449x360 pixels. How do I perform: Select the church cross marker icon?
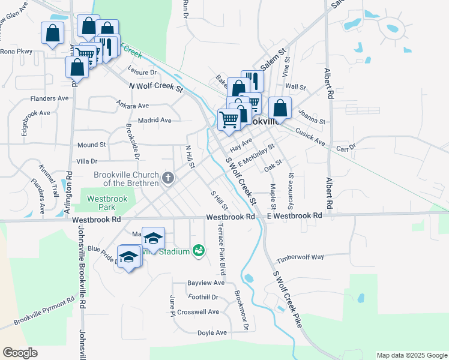pos(168,178)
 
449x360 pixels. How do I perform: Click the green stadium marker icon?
pos(199,250)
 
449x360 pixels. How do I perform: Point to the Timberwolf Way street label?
pos(300,258)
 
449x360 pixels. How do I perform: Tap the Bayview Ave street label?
pos(206,283)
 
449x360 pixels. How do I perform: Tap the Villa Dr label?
pos(87,161)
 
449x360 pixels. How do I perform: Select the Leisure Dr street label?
pos(142,72)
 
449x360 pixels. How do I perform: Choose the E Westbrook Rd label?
pos(294,215)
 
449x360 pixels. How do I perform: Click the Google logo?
pos(20,353)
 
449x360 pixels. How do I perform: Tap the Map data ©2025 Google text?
pos(411,355)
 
